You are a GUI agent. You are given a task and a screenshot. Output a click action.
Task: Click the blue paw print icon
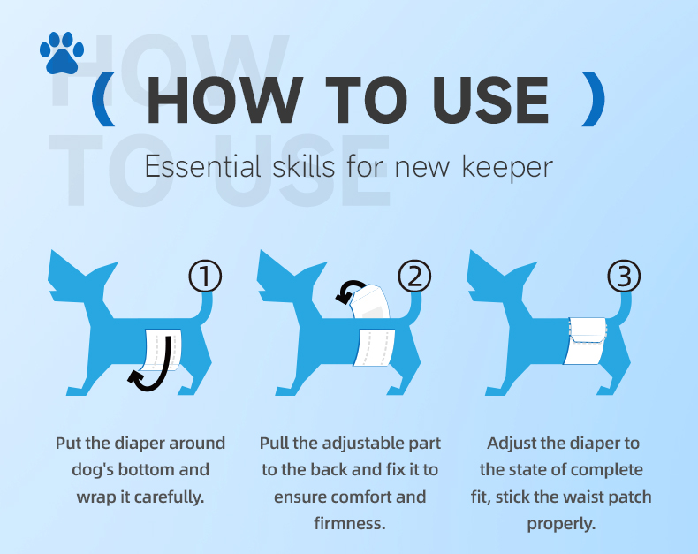[x=62, y=52]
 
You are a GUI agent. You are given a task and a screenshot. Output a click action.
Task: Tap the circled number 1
[x=205, y=276]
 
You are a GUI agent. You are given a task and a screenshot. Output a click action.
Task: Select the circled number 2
[x=414, y=276]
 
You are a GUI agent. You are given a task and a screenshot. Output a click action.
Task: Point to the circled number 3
[x=624, y=276]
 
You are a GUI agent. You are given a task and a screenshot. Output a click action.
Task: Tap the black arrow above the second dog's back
[x=350, y=291]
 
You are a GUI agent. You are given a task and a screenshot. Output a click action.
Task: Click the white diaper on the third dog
[x=587, y=341]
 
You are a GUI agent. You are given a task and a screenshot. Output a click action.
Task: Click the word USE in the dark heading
[x=490, y=100]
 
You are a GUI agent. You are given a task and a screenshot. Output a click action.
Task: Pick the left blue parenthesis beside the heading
[x=103, y=99]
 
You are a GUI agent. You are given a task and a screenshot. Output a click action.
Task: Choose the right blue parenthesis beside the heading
[x=594, y=99]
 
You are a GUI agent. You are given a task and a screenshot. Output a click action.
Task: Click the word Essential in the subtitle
[x=203, y=167]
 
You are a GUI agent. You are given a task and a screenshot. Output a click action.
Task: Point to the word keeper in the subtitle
[x=507, y=169]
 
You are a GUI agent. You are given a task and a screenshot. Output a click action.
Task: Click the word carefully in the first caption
[x=169, y=497]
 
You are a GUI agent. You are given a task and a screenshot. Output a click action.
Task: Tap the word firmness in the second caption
[x=350, y=523]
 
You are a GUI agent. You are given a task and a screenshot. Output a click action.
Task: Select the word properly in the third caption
[x=561, y=524]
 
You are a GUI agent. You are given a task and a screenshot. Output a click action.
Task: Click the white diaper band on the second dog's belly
[x=375, y=347]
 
